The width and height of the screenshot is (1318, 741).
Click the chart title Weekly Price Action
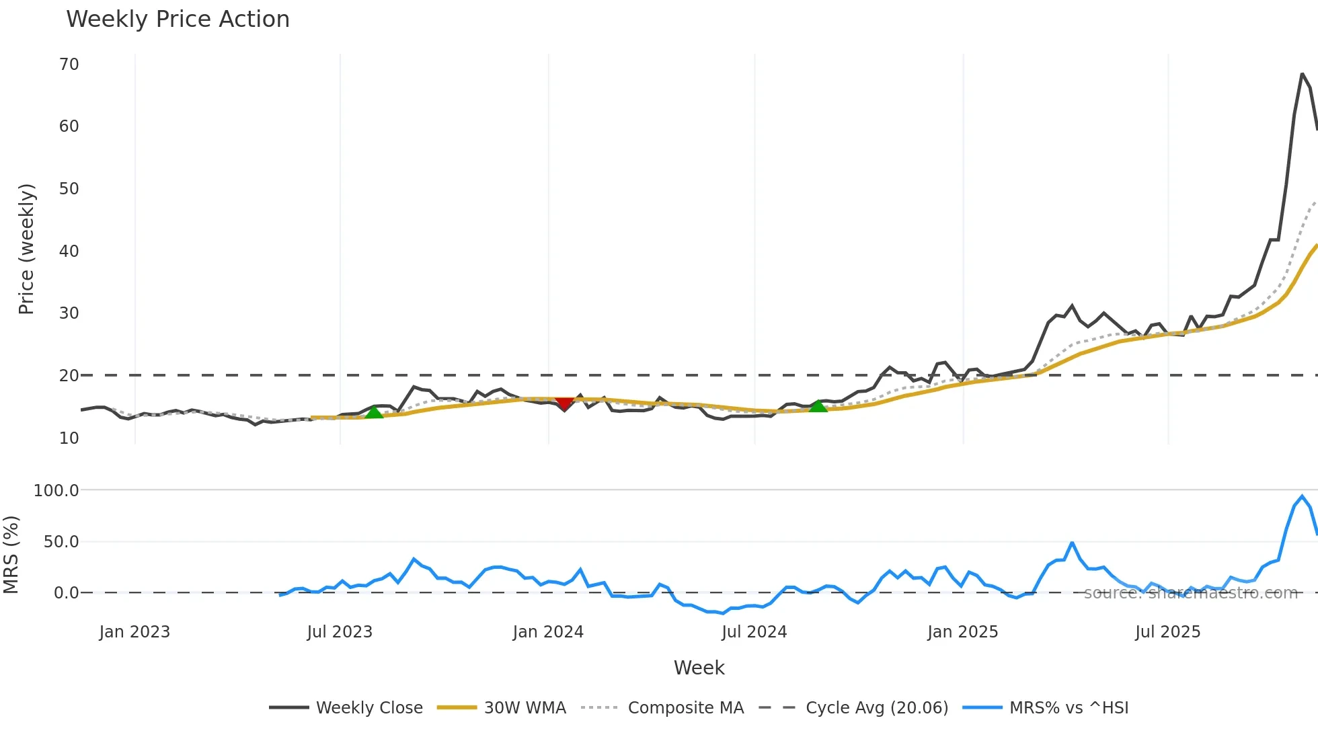pos(178,19)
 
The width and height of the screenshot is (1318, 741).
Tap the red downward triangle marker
pos(564,403)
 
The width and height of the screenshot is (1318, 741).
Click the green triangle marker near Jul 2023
pos(374,412)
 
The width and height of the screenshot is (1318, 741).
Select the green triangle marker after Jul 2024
pos(818,405)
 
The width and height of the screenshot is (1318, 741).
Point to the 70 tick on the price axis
pos(69,65)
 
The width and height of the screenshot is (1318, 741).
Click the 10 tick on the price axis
pos(69,438)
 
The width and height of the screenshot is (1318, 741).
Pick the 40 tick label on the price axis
pos(69,251)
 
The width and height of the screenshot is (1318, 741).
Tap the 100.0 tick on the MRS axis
pos(56,491)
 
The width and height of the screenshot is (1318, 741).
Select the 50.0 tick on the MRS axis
pos(61,542)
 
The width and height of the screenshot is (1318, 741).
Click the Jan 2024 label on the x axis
pos(548,632)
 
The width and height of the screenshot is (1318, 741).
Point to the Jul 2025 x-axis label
pos(1168,632)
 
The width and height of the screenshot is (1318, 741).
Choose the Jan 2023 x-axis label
pos(134,632)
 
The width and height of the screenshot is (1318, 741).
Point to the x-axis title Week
pos(699,668)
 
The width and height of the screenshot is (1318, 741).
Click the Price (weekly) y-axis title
pos(26,249)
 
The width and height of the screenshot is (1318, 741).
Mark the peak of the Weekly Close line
pos(1303,74)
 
